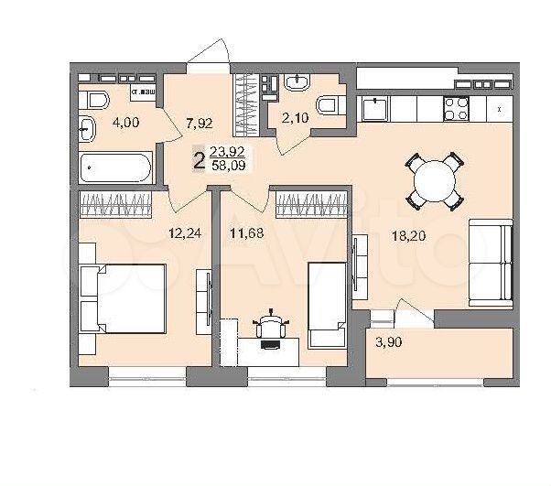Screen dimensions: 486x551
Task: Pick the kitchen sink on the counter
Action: coord(373,111)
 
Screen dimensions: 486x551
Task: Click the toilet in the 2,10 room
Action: coord(328,108)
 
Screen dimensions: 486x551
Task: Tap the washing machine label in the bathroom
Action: coord(143,93)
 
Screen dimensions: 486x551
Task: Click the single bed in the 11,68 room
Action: coord(327,303)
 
